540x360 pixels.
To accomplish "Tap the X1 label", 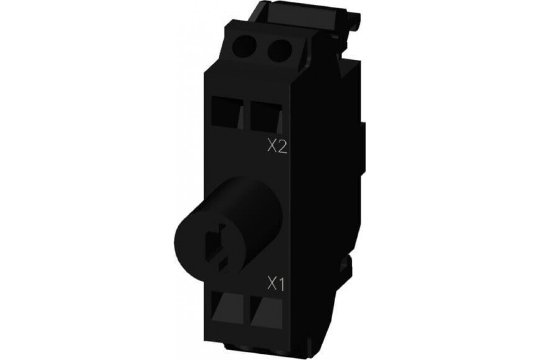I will (276, 284).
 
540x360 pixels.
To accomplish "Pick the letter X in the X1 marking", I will (271, 284).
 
